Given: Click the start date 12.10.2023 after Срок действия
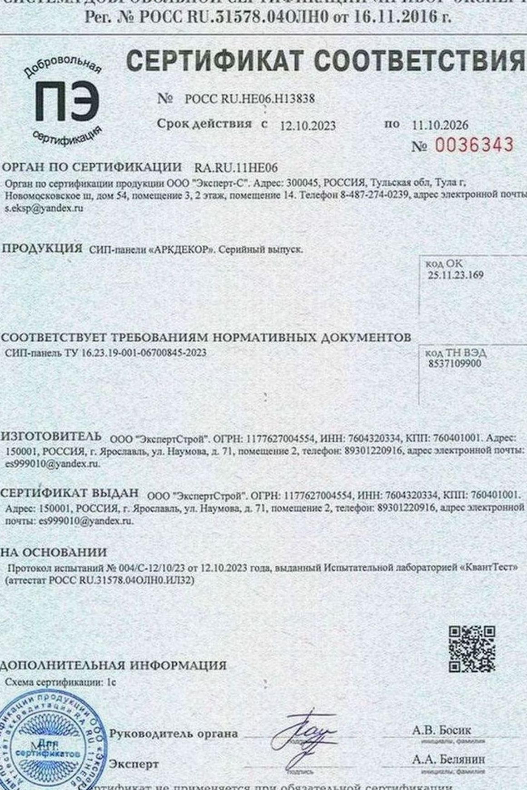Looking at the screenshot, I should point(308,126).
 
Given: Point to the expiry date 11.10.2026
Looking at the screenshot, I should point(440,125).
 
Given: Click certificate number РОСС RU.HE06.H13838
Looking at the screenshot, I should point(249,99).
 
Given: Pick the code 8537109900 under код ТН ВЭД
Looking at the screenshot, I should point(454,364).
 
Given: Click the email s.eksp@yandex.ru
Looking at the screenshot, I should point(44,209).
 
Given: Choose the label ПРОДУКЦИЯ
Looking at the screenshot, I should point(42,249).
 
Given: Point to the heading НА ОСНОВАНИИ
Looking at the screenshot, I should point(54,553).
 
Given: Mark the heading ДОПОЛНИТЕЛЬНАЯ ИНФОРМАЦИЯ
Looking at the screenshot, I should point(113,665).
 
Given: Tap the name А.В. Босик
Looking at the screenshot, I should point(442,730).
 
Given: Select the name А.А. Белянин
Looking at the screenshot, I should point(448,759).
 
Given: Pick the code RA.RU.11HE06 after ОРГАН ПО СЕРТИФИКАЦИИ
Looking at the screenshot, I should point(236,168).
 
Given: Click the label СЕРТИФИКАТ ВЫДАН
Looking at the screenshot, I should point(69,493).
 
